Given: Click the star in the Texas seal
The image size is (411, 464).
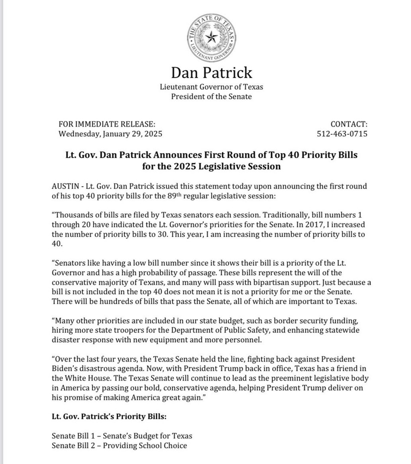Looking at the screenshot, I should pyautogui.click(x=211, y=38).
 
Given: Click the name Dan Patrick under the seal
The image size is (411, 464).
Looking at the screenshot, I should pyautogui.click(x=211, y=73).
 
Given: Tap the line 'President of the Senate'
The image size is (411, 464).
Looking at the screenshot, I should pyautogui.click(x=211, y=96).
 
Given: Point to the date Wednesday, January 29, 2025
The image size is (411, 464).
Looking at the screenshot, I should pyautogui.click(x=110, y=134).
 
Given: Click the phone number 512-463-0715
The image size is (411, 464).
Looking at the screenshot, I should pyautogui.click(x=342, y=134).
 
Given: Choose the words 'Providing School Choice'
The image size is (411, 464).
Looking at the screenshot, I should pyautogui.click(x=145, y=445).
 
